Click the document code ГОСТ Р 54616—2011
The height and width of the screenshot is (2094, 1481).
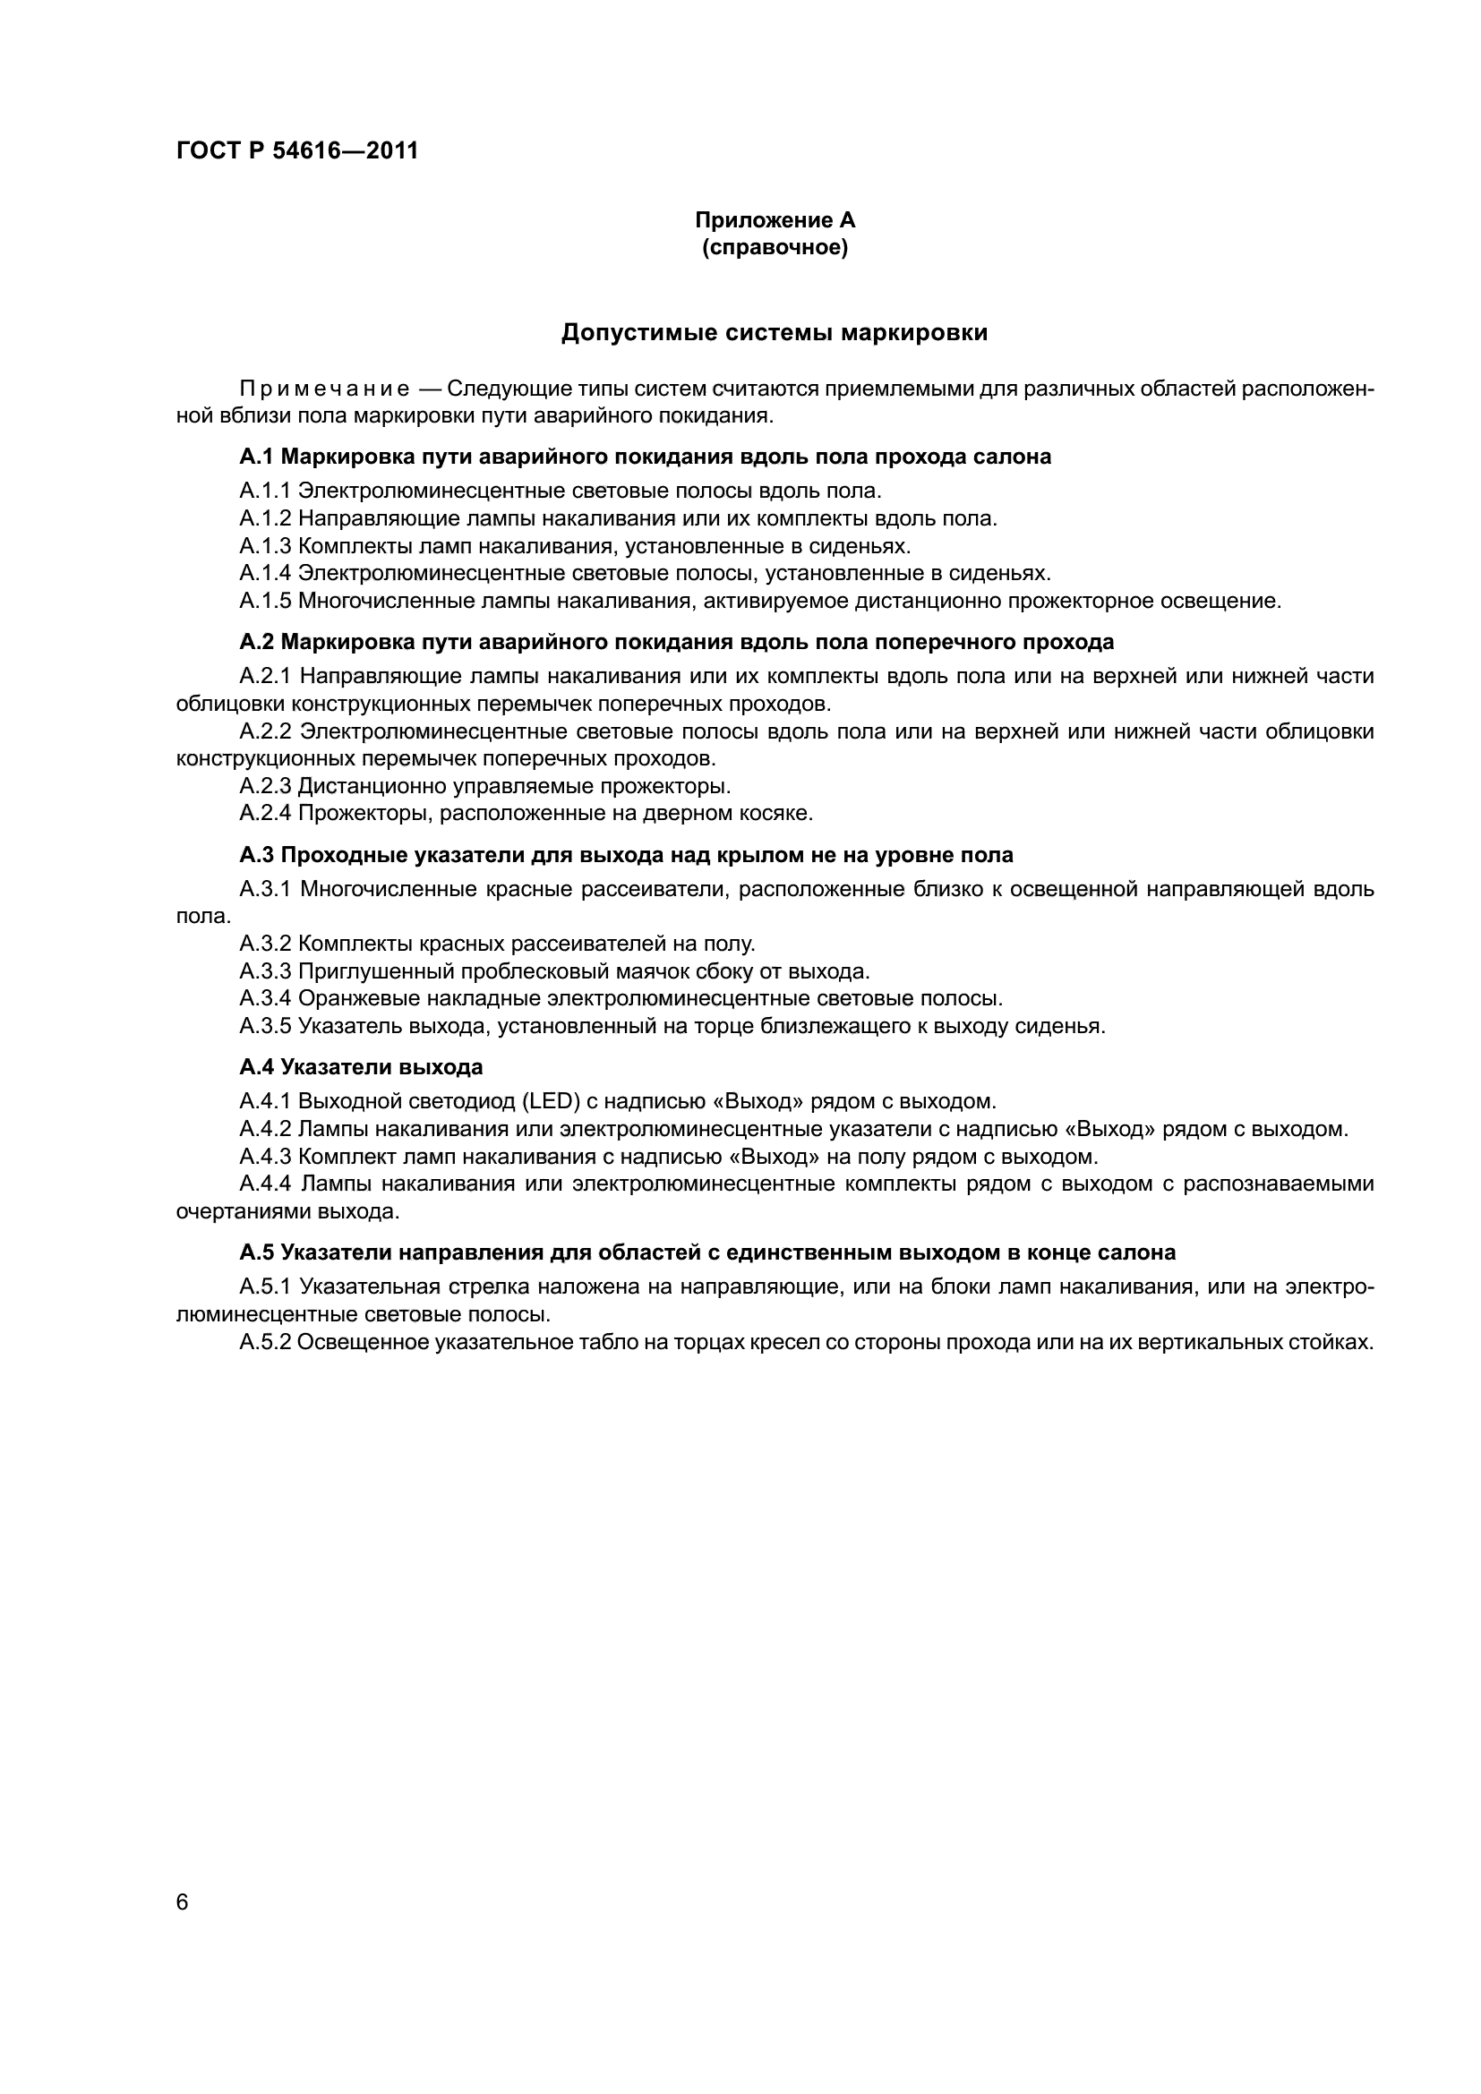[297, 150]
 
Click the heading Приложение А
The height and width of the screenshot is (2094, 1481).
[775, 220]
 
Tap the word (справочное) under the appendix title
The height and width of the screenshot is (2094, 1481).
[775, 247]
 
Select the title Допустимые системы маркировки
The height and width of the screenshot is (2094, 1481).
[775, 333]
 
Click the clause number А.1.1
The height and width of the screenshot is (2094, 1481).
[264, 491]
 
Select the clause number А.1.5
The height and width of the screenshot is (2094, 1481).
[264, 601]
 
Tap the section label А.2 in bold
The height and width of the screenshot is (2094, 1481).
[256, 642]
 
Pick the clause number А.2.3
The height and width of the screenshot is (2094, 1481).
[264, 786]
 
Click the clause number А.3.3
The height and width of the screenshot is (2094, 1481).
[264, 971]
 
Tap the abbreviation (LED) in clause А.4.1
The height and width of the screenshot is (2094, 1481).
[552, 1102]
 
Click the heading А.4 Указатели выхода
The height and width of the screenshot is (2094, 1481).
[361, 1067]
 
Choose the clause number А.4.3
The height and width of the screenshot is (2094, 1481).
[264, 1158]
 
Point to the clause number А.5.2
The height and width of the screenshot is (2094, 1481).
[264, 1343]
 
